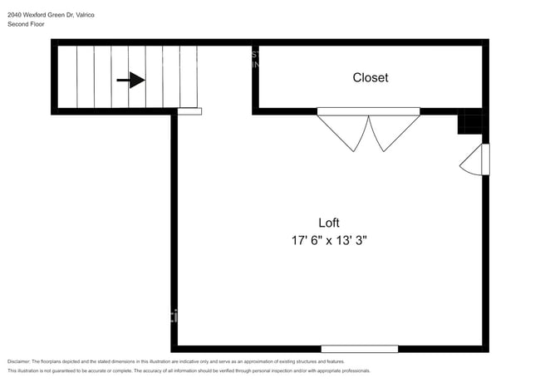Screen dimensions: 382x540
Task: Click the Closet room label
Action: [x=370, y=78]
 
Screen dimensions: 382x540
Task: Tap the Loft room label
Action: [x=329, y=223]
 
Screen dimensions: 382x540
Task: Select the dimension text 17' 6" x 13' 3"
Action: [x=329, y=241]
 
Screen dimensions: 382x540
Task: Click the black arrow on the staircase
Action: [x=130, y=81]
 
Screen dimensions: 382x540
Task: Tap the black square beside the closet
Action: [x=470, y=124]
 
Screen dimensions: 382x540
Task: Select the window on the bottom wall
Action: [x=359, y=349]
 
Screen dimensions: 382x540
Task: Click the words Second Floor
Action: [x=26, y=24]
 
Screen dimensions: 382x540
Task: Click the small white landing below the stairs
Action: [x=189, y=111]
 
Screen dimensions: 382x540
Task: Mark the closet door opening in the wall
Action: [x=368, y=111]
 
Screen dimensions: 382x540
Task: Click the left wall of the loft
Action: [x=174, y=233]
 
